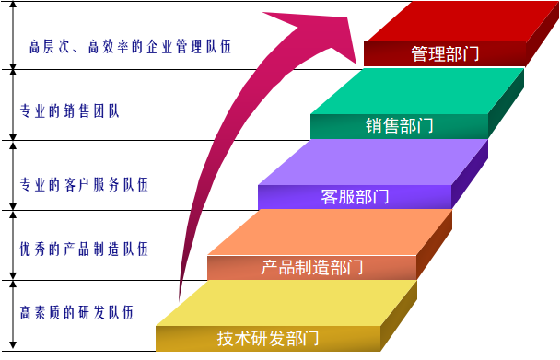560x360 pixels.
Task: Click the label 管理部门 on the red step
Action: coord(445,54)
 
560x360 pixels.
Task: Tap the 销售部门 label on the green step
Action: coord(400,126)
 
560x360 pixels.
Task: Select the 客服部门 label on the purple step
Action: coord(355,197)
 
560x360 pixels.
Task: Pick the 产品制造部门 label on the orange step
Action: coord(312,268)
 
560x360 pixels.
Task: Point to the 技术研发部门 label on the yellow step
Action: coord(268,338)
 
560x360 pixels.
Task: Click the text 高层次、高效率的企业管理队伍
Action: coord(130,47)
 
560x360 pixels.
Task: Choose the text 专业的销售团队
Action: coord(69,111)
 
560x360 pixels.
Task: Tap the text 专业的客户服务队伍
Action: coord(84,185)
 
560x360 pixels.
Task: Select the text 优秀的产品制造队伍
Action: coord(84,249)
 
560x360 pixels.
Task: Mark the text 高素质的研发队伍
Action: coord(76,312)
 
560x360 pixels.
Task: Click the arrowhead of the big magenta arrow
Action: coord(321,34)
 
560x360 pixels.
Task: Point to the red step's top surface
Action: coord(461,21)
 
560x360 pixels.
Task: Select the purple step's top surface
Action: coord(372,162)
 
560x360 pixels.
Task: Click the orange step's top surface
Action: coord(330,233)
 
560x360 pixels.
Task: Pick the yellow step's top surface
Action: coord(286,303)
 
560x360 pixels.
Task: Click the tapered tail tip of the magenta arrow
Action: coord(180,300)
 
